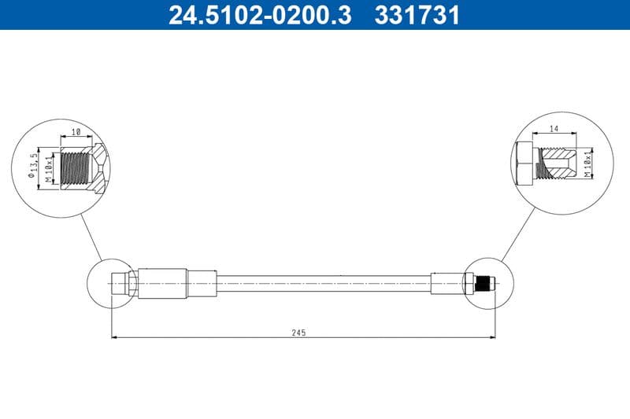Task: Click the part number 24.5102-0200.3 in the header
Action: coord(260,15)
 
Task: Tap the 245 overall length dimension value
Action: coord(298,333)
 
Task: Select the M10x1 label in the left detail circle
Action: coord(48,168)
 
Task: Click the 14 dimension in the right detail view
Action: coord(554,128)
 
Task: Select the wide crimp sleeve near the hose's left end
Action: coord(162,283)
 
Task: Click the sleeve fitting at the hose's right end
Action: coord(447,283)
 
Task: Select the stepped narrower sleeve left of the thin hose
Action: coord(201,283)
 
